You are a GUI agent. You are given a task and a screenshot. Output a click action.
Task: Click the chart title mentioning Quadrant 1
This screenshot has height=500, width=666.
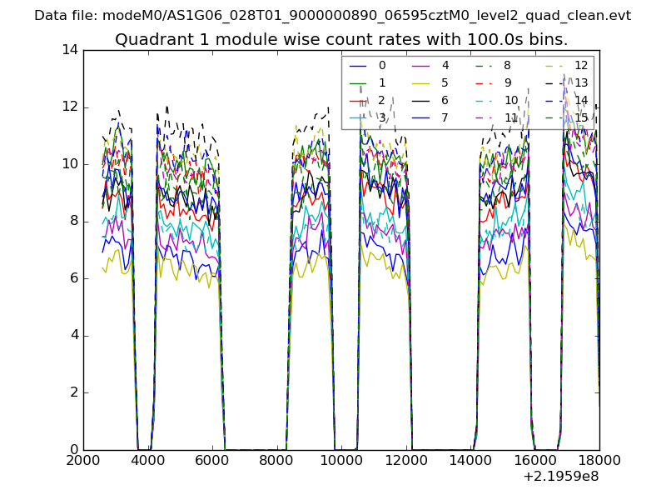tap(341, 40)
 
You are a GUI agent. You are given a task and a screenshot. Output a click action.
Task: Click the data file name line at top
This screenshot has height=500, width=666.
tap(333, 15)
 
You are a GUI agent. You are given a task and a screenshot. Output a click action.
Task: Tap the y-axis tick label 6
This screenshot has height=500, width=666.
tap(74, 278)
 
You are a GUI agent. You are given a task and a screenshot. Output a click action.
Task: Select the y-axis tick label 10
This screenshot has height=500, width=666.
tap(70, 164)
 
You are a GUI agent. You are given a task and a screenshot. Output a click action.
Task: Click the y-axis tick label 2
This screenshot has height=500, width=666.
tap(74, 392)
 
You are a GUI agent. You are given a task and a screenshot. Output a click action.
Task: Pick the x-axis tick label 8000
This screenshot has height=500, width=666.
tap(276, 461)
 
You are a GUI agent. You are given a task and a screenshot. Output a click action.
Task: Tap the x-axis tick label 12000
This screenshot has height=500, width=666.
tap(405, 461)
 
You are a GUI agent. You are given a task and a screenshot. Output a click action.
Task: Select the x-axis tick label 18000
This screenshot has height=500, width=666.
tap(599, 461)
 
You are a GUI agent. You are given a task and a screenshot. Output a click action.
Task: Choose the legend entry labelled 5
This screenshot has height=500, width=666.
tap(445, 82)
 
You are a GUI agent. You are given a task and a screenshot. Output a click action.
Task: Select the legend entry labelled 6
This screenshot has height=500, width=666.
tap(445, 100)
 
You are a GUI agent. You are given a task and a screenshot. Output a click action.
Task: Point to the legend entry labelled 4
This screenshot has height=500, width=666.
tap(445, 65)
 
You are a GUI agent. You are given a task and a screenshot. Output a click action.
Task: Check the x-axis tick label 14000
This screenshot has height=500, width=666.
tap(470, 461)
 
